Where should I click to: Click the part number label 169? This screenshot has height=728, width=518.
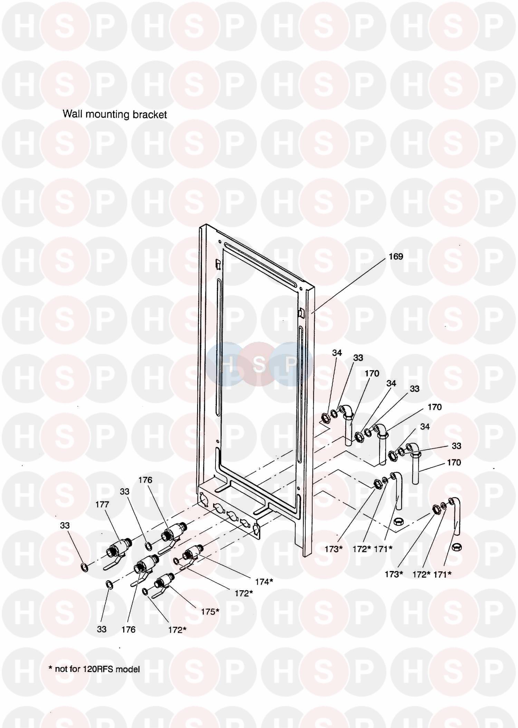point(396,256)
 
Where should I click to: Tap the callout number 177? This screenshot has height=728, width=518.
point(102,504)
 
